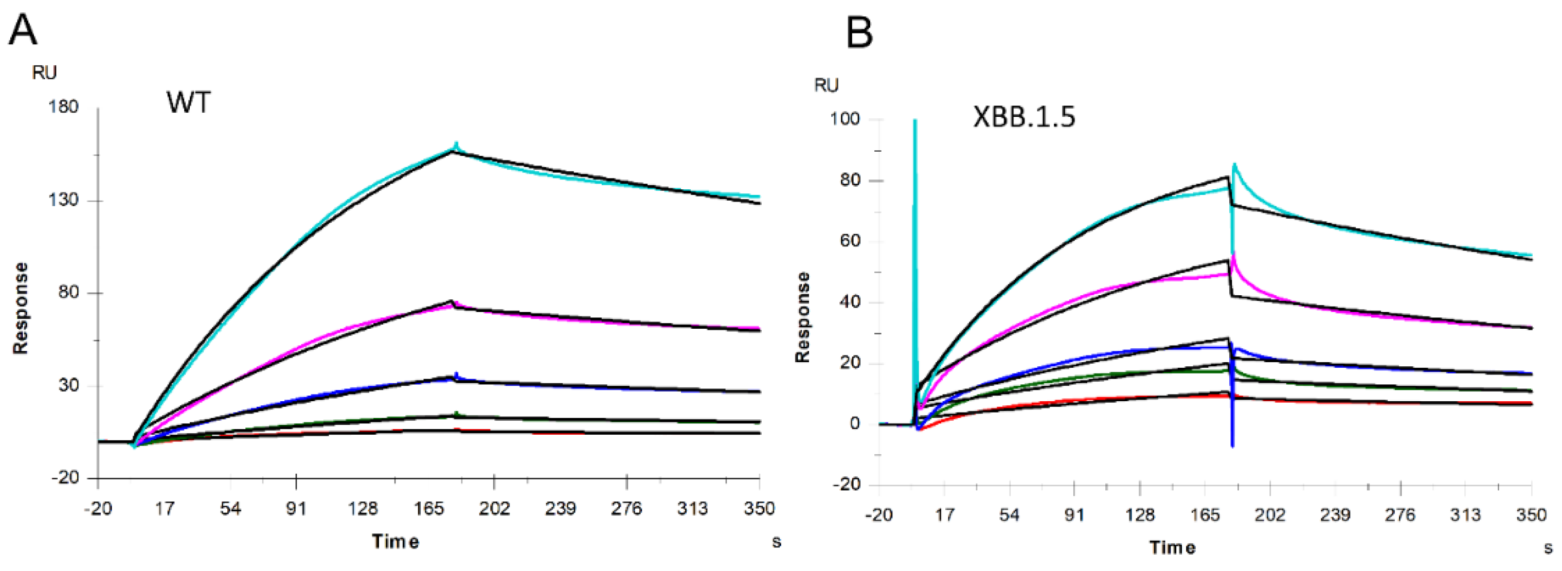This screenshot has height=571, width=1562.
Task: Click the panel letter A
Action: pos(23,30)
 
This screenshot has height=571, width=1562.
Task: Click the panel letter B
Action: pos(859,33)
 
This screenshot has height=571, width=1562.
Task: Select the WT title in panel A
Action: pos(189,102)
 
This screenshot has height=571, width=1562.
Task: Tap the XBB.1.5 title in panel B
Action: pos(1024,116)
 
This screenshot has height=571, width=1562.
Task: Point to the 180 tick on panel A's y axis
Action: pos(63,108)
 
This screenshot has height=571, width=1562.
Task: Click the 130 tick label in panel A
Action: pos(63,200)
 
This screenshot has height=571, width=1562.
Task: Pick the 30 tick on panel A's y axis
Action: pos(68,385)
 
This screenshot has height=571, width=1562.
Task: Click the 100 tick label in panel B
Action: pos(845,119)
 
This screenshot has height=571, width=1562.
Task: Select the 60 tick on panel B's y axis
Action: pos(850,241)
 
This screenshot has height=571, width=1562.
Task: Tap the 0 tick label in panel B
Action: pos(854,424)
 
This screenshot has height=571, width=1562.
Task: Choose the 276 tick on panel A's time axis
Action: pos(626,508)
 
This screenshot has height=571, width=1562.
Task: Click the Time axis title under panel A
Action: pos(396,541)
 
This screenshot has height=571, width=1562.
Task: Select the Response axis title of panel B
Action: pos(802,317)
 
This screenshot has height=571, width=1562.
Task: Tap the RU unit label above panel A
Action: pos(44,73)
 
